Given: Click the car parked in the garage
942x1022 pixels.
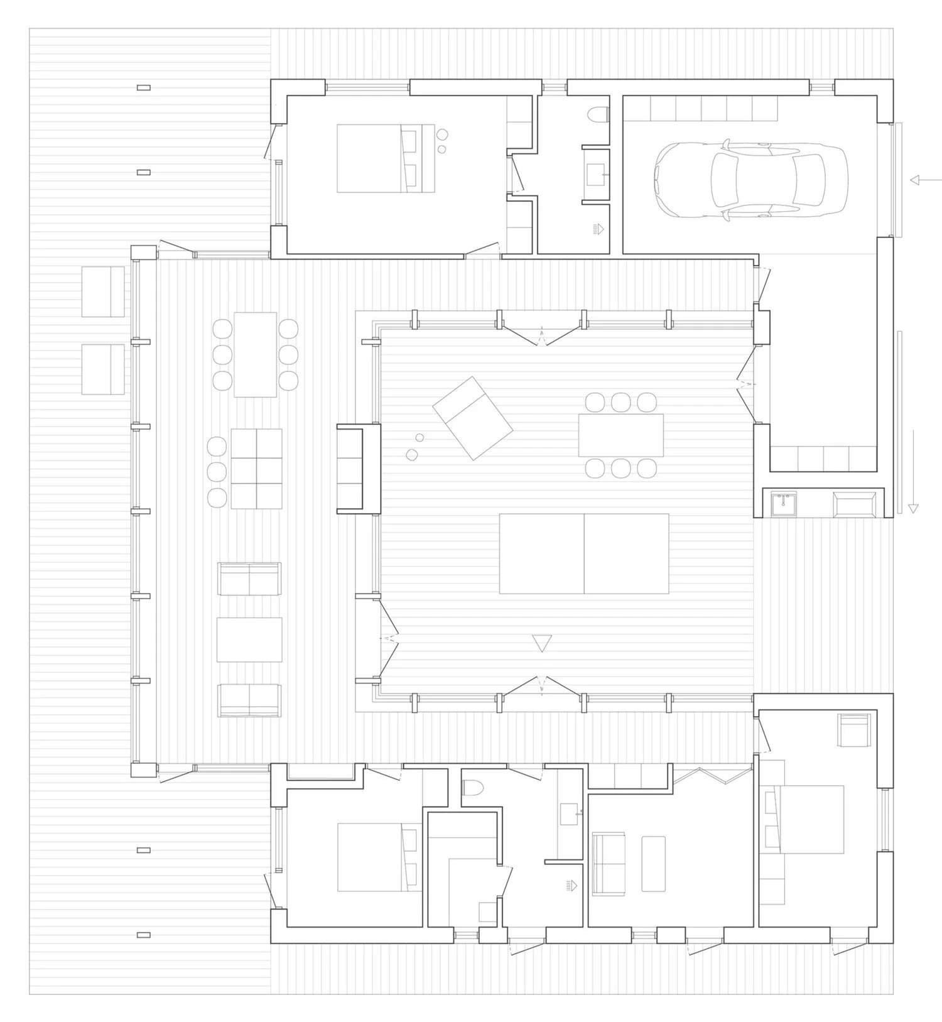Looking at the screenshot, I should point(750,179).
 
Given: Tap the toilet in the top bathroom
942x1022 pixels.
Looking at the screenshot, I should point(599,115).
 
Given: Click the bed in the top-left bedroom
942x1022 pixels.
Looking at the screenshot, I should point(385,158).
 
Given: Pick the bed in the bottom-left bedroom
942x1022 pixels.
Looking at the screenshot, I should point(379,857).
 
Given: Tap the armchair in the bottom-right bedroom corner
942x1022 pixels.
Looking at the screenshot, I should point(854,730).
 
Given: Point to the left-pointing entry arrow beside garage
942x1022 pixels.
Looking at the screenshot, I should point(922,180).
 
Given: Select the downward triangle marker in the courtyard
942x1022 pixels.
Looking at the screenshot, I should point(541,643).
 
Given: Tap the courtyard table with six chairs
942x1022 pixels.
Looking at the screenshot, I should point(620,435).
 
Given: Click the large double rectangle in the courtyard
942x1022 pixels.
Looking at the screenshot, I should point(583,553).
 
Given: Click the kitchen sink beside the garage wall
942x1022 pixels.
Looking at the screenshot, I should point(783,504).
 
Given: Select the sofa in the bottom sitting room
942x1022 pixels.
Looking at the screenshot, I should point(608,864).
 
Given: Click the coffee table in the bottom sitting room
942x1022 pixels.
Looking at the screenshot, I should point(653,863).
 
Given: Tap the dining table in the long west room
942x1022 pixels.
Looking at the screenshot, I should point(255,354).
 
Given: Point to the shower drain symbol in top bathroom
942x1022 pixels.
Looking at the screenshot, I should point(598,229).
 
